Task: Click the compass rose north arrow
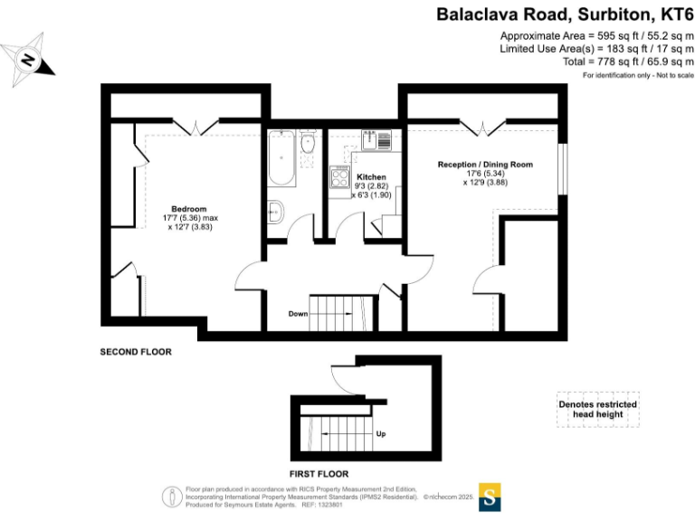point(29,60)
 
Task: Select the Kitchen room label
point(371,176)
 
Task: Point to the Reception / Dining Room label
point(485,165)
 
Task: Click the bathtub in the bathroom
point(281,158)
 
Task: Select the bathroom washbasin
point(308,143)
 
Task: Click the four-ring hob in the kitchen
point(342,177)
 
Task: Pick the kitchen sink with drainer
point(375,140)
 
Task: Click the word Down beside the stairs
point(298,314)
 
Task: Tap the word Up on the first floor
point(381,434)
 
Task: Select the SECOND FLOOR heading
point(135,352)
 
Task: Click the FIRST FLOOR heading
point(319,473)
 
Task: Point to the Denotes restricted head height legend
point(597,410)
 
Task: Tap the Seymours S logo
point(490,497)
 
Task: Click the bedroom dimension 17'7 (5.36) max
point(191,218)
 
